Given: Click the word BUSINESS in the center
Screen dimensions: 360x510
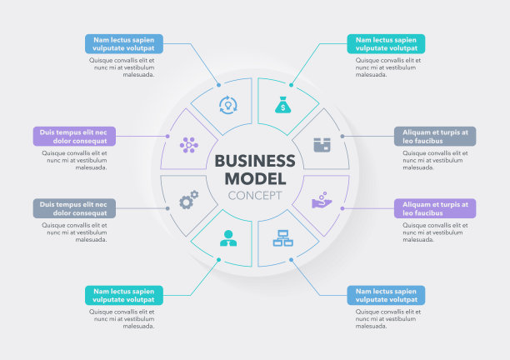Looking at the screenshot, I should pyautogui.click(x=255, y=161).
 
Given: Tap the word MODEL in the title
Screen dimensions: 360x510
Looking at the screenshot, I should pyautogui.click(x=255, y=178).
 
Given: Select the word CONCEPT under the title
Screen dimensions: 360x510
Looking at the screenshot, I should pyautogui.click(x=255, y=196).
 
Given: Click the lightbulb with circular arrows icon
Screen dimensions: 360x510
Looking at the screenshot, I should pyautogui.click(x=227, y=105).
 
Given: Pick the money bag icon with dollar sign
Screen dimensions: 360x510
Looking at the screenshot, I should pyautogui.click(x=282, y=105).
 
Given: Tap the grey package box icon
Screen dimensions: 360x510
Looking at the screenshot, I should pyautogui.click(x=322, y=144).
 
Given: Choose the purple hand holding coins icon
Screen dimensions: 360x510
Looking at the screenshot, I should pyautogui.click(x=322, y=200).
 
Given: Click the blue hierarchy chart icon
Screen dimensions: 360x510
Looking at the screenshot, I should pyautogui.click(x=282, y=238).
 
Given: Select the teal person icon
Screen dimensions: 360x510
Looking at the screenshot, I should pyautogui.click(x=227, y=238).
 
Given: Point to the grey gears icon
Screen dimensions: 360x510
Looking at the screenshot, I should pyautogui.click(x=189, y=200).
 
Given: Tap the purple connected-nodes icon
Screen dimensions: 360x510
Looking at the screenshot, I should pyautogui.click(x=189, y=144).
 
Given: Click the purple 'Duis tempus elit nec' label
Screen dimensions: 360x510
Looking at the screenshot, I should pyautogui.click(x=75, y=136).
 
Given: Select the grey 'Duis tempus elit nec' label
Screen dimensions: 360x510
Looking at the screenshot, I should pyautogui.click(x=75, y=208).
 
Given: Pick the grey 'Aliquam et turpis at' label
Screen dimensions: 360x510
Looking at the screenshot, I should pyautogui.click(x=435, y=136).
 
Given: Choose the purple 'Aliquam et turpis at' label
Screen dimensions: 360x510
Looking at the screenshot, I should pyautogui.click(x=435, y=208).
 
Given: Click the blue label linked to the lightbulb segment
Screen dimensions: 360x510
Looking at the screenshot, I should pyautogui.click(x=124, y=43).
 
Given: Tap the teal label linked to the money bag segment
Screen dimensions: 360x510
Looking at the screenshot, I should pyautogui.click(x=386, y=43).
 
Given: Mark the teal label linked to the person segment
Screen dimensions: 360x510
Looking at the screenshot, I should pyautogui.click(x=124, y=295).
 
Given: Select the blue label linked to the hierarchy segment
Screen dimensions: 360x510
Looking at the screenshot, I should pyautogui.click(x=386, y=295).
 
